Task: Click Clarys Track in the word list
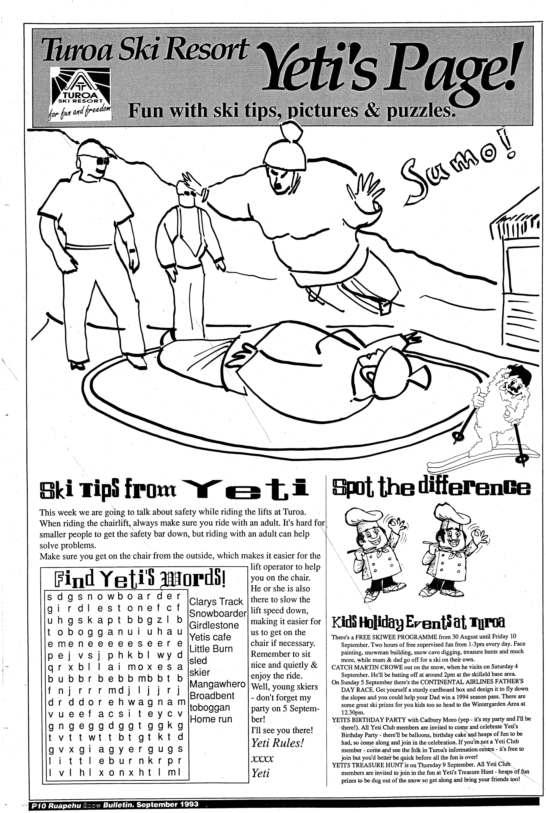point(216,602)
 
